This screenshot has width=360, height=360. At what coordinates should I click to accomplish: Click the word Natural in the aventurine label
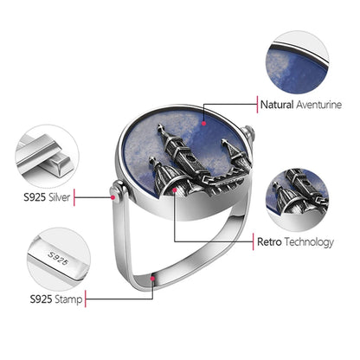277,105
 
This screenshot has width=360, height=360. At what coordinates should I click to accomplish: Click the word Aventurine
319,105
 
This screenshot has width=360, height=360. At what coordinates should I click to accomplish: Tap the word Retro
269,241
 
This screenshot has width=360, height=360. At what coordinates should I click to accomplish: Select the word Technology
309,242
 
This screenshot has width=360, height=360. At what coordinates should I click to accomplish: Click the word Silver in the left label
59,197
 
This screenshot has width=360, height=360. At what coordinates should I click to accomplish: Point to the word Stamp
68,299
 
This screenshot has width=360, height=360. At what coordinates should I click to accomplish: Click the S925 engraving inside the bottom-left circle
58,258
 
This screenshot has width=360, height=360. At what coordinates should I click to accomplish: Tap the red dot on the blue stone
204,123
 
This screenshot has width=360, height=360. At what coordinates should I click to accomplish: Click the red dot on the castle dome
175,190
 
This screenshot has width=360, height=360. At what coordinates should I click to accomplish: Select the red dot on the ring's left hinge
113,197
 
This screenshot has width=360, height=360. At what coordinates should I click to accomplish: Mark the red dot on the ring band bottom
152,279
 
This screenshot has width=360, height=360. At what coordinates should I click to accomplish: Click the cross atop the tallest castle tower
159,127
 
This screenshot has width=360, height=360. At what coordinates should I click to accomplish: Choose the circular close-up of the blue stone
297,62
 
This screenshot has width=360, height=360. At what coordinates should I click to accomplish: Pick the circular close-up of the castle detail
297,200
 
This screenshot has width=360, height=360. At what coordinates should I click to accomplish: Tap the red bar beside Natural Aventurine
257,105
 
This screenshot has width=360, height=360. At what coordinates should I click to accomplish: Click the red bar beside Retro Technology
254,241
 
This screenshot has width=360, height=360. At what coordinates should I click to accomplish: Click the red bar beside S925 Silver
74,197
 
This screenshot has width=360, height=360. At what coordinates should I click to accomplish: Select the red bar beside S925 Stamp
86,299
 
